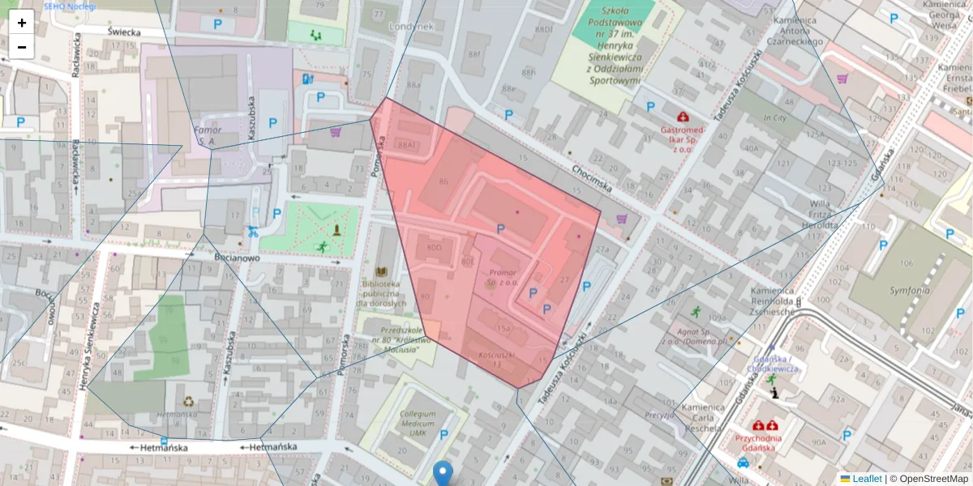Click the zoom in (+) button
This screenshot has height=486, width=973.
pos(22,23)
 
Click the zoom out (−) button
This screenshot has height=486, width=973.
pos(22,47)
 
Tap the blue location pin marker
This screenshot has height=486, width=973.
pos(443,473)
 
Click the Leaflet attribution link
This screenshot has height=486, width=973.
pos(867,479)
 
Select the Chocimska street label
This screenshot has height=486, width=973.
pos(590,180)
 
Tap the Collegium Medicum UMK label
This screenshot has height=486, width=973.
pos(418,424)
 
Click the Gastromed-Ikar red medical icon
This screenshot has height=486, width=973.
pos(684,117)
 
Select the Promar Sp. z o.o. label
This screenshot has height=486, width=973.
pos(503,278)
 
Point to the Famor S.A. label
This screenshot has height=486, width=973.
pos(203,135)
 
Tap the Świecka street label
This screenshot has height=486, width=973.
pos(124,32)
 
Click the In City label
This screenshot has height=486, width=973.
pos(774,118)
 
